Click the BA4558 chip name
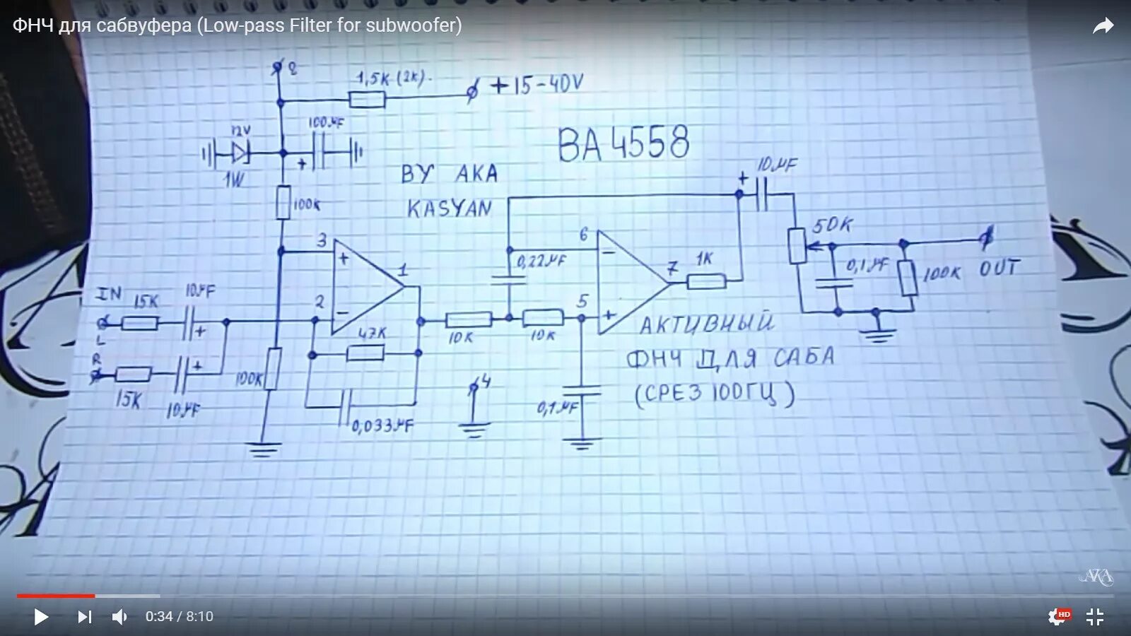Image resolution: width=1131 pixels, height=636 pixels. point(623,143)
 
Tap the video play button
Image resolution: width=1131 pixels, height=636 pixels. point(41,617)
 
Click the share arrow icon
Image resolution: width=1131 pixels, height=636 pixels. point(1103,27)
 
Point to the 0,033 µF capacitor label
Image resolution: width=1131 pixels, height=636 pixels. point(382,425)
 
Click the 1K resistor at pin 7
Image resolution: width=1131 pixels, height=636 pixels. point(706,281)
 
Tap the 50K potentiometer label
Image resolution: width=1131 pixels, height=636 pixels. point(832,225)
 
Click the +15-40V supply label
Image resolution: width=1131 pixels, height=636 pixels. point(537,86)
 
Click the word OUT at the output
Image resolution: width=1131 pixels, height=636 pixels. point(1000,269)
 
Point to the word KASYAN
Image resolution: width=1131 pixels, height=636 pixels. point(450,208)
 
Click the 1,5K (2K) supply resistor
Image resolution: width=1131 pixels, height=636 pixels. point(368,99)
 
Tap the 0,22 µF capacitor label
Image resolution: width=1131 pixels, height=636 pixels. point(541,261)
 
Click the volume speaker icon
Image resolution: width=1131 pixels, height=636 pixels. point(119,617)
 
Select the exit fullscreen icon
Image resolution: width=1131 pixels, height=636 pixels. point(1094,617)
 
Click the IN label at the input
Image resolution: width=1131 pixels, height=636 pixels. point(109,293)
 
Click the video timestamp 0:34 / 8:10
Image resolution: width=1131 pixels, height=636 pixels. point(180,617)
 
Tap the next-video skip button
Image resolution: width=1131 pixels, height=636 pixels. point(84,617)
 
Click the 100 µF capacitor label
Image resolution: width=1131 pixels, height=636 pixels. point(326,122)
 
